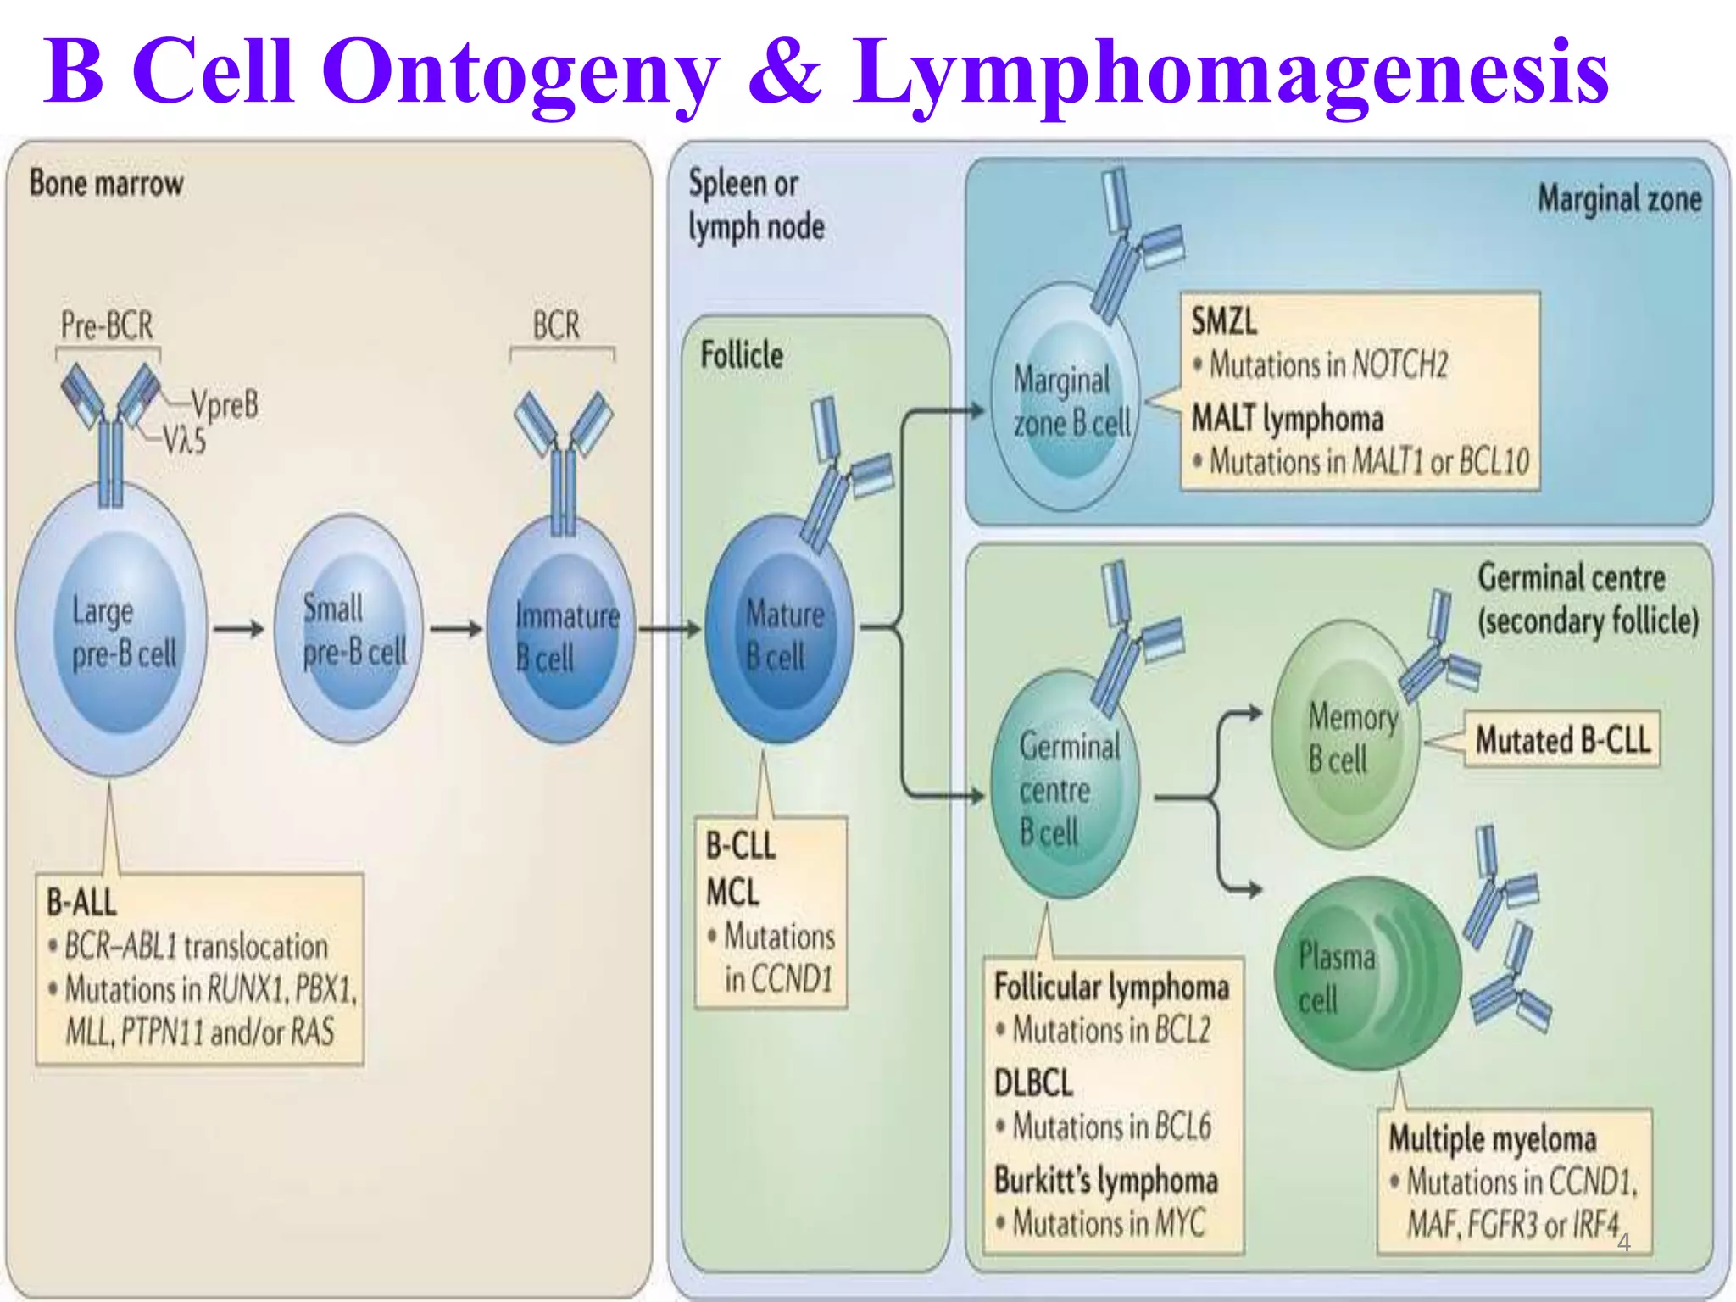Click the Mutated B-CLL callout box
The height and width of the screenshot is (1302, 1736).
[x=1562, y=740]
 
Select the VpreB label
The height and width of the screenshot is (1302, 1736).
[x=224, y=404]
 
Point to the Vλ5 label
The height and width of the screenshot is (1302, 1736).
[x=184, y=440]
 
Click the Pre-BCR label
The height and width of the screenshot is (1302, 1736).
[x=107, y=325]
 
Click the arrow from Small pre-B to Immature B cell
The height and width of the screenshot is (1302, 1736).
[x=456, y=629]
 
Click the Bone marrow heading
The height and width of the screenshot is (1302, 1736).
[x=106, y=183]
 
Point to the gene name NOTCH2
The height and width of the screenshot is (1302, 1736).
[x=1400, y=364]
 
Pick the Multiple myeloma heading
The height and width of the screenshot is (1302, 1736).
[x=1492, y=1138]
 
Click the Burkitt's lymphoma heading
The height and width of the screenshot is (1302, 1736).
[x=1105, y=1180]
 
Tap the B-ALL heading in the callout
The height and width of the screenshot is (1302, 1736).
[x=81, y=902]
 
